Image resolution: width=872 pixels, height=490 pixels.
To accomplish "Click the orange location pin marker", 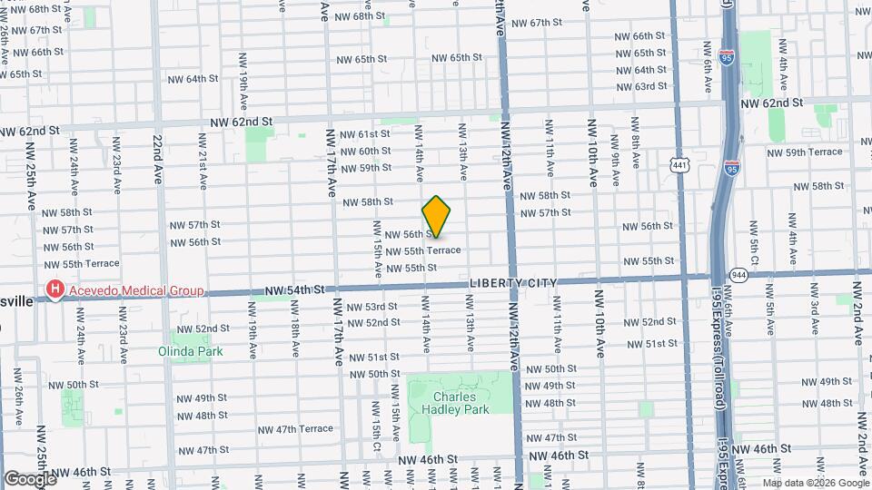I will [437, 217].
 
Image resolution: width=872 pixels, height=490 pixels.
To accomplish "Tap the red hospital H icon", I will [55, 291].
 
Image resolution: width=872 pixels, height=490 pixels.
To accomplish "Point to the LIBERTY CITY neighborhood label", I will [512, 283].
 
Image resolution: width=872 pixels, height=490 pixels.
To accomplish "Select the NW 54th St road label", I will [294, 290].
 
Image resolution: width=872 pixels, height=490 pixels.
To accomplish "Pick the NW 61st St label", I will [364, 134].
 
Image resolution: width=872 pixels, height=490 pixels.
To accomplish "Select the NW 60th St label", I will [365, 152].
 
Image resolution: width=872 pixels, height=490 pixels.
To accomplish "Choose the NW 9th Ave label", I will [614, 155].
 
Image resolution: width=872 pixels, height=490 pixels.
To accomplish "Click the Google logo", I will [30, 478].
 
